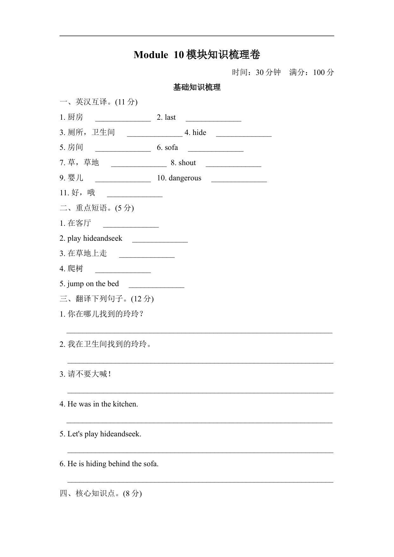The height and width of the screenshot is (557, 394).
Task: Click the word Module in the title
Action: click(151, 55)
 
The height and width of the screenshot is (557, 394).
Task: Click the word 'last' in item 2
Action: click(170, 117)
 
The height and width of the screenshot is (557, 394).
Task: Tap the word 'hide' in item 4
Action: click(199, 133)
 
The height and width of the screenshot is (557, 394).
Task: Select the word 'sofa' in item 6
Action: click(171, 148)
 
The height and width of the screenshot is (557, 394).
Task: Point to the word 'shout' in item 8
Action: click(187, 163)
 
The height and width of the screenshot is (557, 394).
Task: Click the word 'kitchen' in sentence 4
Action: click(125, 404)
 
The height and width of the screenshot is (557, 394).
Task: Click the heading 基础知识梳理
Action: click(197, 87)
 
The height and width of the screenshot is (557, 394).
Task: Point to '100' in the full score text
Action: click(319, 72)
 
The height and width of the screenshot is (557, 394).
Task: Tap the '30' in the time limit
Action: click(260, 72)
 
